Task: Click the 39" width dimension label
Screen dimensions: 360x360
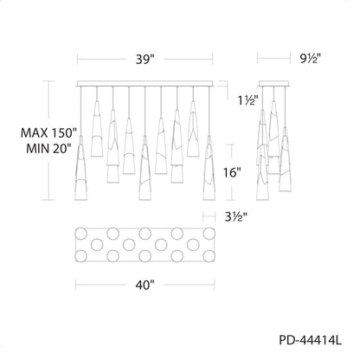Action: [x=145, y=60]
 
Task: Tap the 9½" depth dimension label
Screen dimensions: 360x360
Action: [x=310, y=59]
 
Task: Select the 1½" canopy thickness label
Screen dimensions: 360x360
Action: [x=247, y=100]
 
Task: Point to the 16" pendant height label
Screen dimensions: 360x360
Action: [x=232, y=172]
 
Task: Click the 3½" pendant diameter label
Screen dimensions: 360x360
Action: [x=236, y=216]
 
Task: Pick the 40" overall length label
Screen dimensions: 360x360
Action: [x=145, y=286]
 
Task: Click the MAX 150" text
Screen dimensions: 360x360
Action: [x=48, y=132]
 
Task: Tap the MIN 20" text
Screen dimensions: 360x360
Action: [x=48, y=149]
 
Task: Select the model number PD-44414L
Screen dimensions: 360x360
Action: [x=310, y=340]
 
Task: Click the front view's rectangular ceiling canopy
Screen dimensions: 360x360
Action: [x=145, y=84]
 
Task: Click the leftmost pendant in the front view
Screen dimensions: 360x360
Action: [x=80, y=168]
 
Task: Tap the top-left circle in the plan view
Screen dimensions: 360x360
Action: [x=80, y=234]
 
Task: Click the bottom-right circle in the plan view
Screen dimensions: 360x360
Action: [x=209, y=256]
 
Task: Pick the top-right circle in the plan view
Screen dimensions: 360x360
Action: [x=209, y=234]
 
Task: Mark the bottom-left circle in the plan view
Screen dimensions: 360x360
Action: [x=80, y=256]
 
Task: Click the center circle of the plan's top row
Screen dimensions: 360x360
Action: [x=145, y=234]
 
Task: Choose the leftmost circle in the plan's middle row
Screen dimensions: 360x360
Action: [x=97, y=245]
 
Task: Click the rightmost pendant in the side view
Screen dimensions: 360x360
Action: [x=285, y=159]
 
